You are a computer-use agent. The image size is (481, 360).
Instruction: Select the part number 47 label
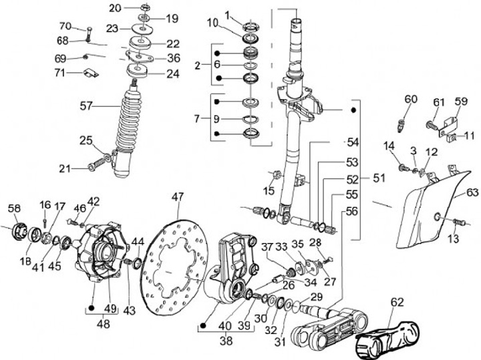pyautogui.click(x=177, y=196)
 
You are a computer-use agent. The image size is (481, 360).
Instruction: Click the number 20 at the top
pyautogui.click(x=115, y=7)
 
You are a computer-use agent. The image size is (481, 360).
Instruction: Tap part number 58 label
pyautogui.click(x=14, y=209)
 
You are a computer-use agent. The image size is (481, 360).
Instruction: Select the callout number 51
pyautogui.click(x=379, y=178)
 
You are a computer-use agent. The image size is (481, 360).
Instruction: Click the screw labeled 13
pyautogui.click(x=458, y=222)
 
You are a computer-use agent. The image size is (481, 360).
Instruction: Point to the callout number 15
pyautogui.click(x=269, y=192)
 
